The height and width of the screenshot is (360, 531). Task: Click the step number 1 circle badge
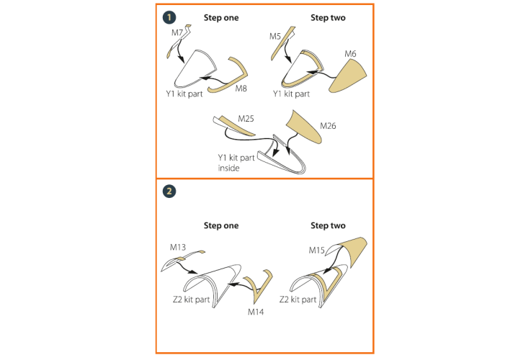click(x=169, y=17)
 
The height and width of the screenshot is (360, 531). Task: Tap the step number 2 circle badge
click(x=169, y=192)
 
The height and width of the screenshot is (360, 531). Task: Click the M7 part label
click(x=177, y=33)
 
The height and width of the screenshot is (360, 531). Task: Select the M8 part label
click(x=241, y=89)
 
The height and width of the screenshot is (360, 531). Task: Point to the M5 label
click(x=275, y=36)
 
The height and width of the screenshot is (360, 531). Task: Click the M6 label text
click(x=350, y=54)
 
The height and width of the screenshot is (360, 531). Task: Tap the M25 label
click(x=246, y=119)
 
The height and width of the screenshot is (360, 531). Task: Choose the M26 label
click(x=328, y=126)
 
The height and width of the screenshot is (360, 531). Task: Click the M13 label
click(x=178, y=248)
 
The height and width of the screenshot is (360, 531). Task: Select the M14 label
click(x=256, y=312)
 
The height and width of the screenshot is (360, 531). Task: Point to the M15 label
click(x=316, y=251)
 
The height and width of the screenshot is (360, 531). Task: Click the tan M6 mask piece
click(x=349, y=76)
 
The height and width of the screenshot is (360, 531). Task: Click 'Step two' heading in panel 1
click(x=328, y=17)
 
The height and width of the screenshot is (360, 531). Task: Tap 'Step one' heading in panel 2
click(x=221, y=225)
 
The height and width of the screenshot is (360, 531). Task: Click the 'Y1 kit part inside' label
click(x=236, y=163)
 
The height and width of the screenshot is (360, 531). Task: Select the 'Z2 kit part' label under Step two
click(x=298, y=300)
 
